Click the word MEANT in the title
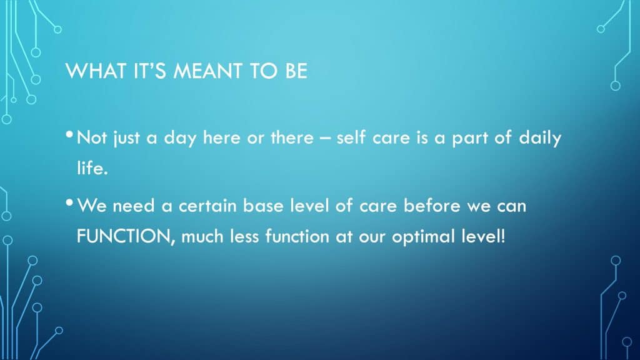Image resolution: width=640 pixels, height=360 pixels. (x=208, y=71)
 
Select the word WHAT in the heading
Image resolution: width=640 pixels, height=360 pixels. (x=96, y=71)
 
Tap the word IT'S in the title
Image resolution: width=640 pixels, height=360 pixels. (x=150, y=71)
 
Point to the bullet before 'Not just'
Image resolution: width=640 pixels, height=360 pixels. (x=69, y=134)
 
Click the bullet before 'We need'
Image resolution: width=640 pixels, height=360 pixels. (x=69, y=202)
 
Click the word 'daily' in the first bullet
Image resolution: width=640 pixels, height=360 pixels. (x=540, y=138)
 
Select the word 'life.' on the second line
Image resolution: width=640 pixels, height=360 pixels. (x=92, y=167)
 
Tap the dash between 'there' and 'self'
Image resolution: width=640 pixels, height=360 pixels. (x=325, y=139)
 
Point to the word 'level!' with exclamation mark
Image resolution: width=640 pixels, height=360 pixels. (x=484, y=236)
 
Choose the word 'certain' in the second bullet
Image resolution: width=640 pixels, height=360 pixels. (x=207, y=205)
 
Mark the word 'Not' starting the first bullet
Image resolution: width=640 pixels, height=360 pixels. (x=92, y=137)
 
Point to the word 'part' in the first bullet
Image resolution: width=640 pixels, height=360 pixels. (x=470, y=138)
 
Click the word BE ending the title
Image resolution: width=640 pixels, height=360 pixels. (x=296, y=71)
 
